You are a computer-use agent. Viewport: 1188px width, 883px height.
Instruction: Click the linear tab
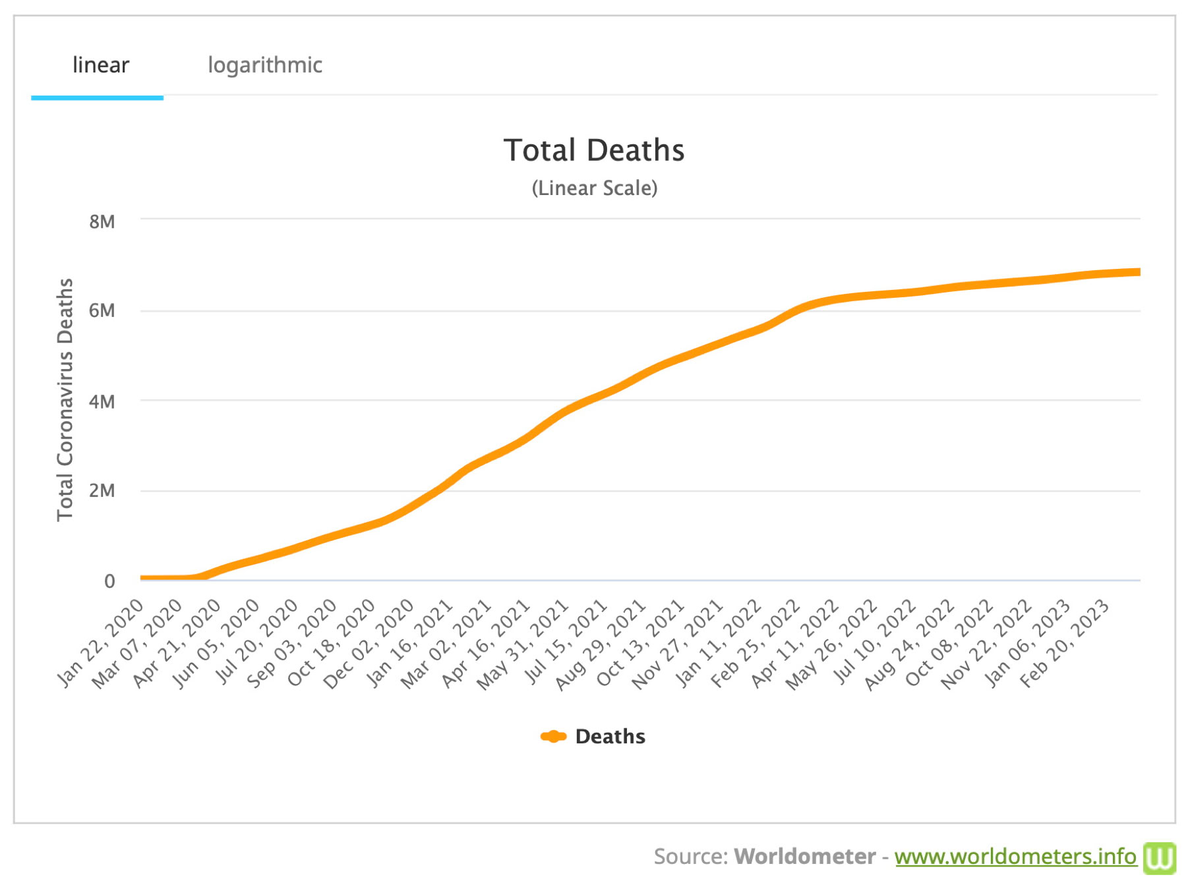pyautogui.click(x=100, y=65)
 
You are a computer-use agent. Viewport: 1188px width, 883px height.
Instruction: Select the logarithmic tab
pyautogui.click(x=264, y=65)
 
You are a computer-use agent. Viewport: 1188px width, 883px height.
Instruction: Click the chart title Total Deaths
pyautogui.click(x=593, y=150)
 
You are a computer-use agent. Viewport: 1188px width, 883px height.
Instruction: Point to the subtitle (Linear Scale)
pyautogui.click(x=594, y=188)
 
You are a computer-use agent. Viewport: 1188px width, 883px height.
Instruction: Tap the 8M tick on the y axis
pyautogui.click(x=102, y=221)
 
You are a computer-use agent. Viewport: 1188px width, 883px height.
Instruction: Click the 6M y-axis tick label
pyautogui.click(x=102, y=310)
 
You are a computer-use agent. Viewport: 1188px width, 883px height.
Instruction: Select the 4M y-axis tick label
pyautogui.click(x=102, y=401)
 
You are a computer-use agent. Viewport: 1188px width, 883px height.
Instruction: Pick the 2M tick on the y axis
pyautogui.click(x=102, y=490)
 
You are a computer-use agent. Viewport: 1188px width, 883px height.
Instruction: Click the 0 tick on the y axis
pyautogui.click(x=109, y=581)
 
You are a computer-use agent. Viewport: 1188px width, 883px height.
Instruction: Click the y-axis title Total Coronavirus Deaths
pyautogui.click(x=65, y=399)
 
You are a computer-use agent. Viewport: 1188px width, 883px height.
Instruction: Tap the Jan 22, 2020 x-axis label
pyautogui.click(x=101, y=642)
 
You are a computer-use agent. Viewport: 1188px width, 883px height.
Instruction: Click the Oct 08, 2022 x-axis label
pyautogui.click(x=950, y=642)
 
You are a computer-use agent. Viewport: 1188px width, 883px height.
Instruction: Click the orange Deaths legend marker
pyautogui.click(x=553, y=737)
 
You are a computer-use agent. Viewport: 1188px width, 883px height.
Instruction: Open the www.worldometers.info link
pyautogui.click(x=1015, y=856)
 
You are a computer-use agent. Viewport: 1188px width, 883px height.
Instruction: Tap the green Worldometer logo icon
pyautogui.click(x=1159, y=857)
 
